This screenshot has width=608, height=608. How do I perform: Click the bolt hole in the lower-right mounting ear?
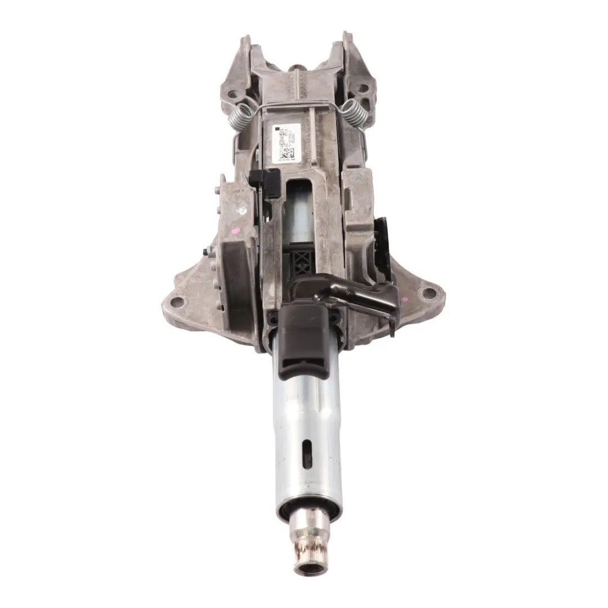click(x=429, y=293)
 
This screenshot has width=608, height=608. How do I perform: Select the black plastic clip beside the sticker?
click(x=264, y=184)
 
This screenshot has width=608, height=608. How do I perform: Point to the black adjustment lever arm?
click(x=360, y=293)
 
